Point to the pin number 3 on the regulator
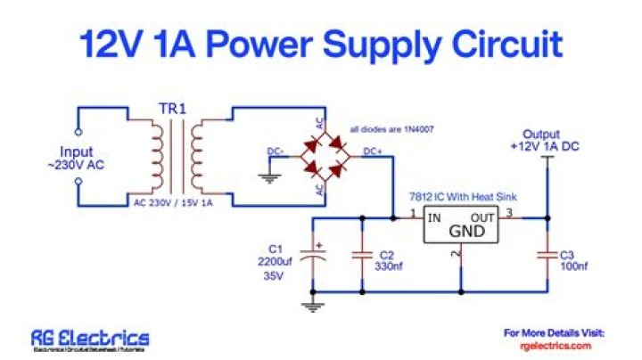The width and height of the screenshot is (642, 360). tap(510, 212)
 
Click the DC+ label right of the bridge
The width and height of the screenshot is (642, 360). tap(374, 151)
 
